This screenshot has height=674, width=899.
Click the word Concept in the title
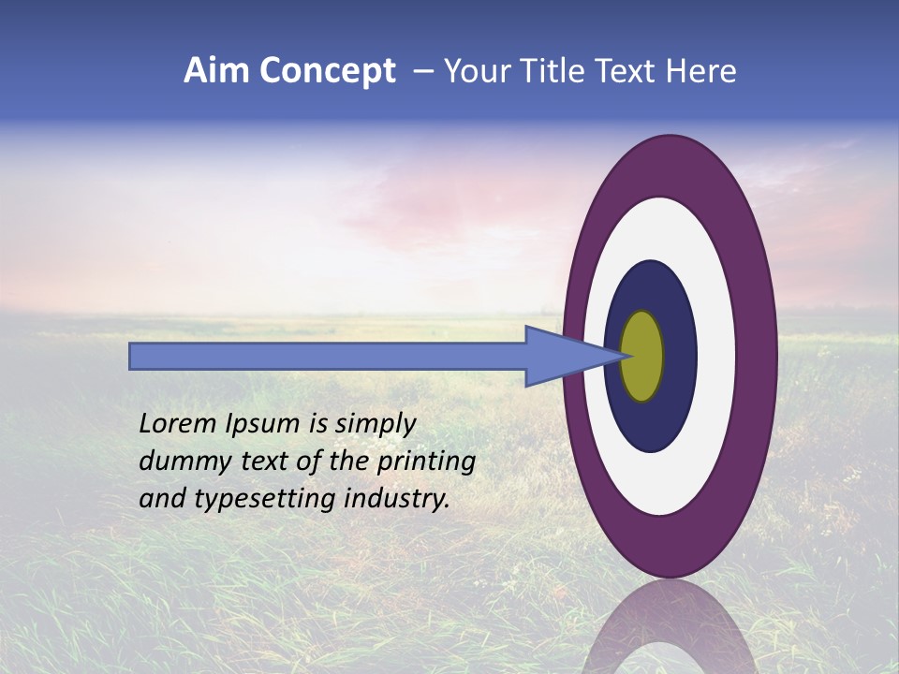[x=327, y=71]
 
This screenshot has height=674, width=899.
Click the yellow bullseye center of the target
[x=641, y=356]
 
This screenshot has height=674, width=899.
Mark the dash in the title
[x=422, y=71]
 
